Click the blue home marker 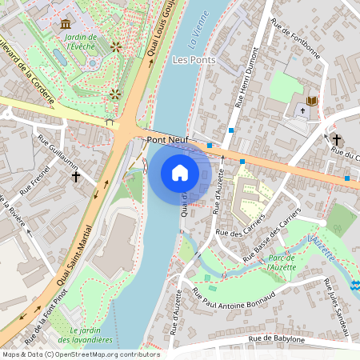point(180,173)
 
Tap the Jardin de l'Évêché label point(80,42)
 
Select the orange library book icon point(313,101)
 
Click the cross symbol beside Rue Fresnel point(76,175)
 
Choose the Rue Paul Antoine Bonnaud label point(238,298)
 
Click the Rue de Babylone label point(276,339)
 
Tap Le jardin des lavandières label point(90,335)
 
